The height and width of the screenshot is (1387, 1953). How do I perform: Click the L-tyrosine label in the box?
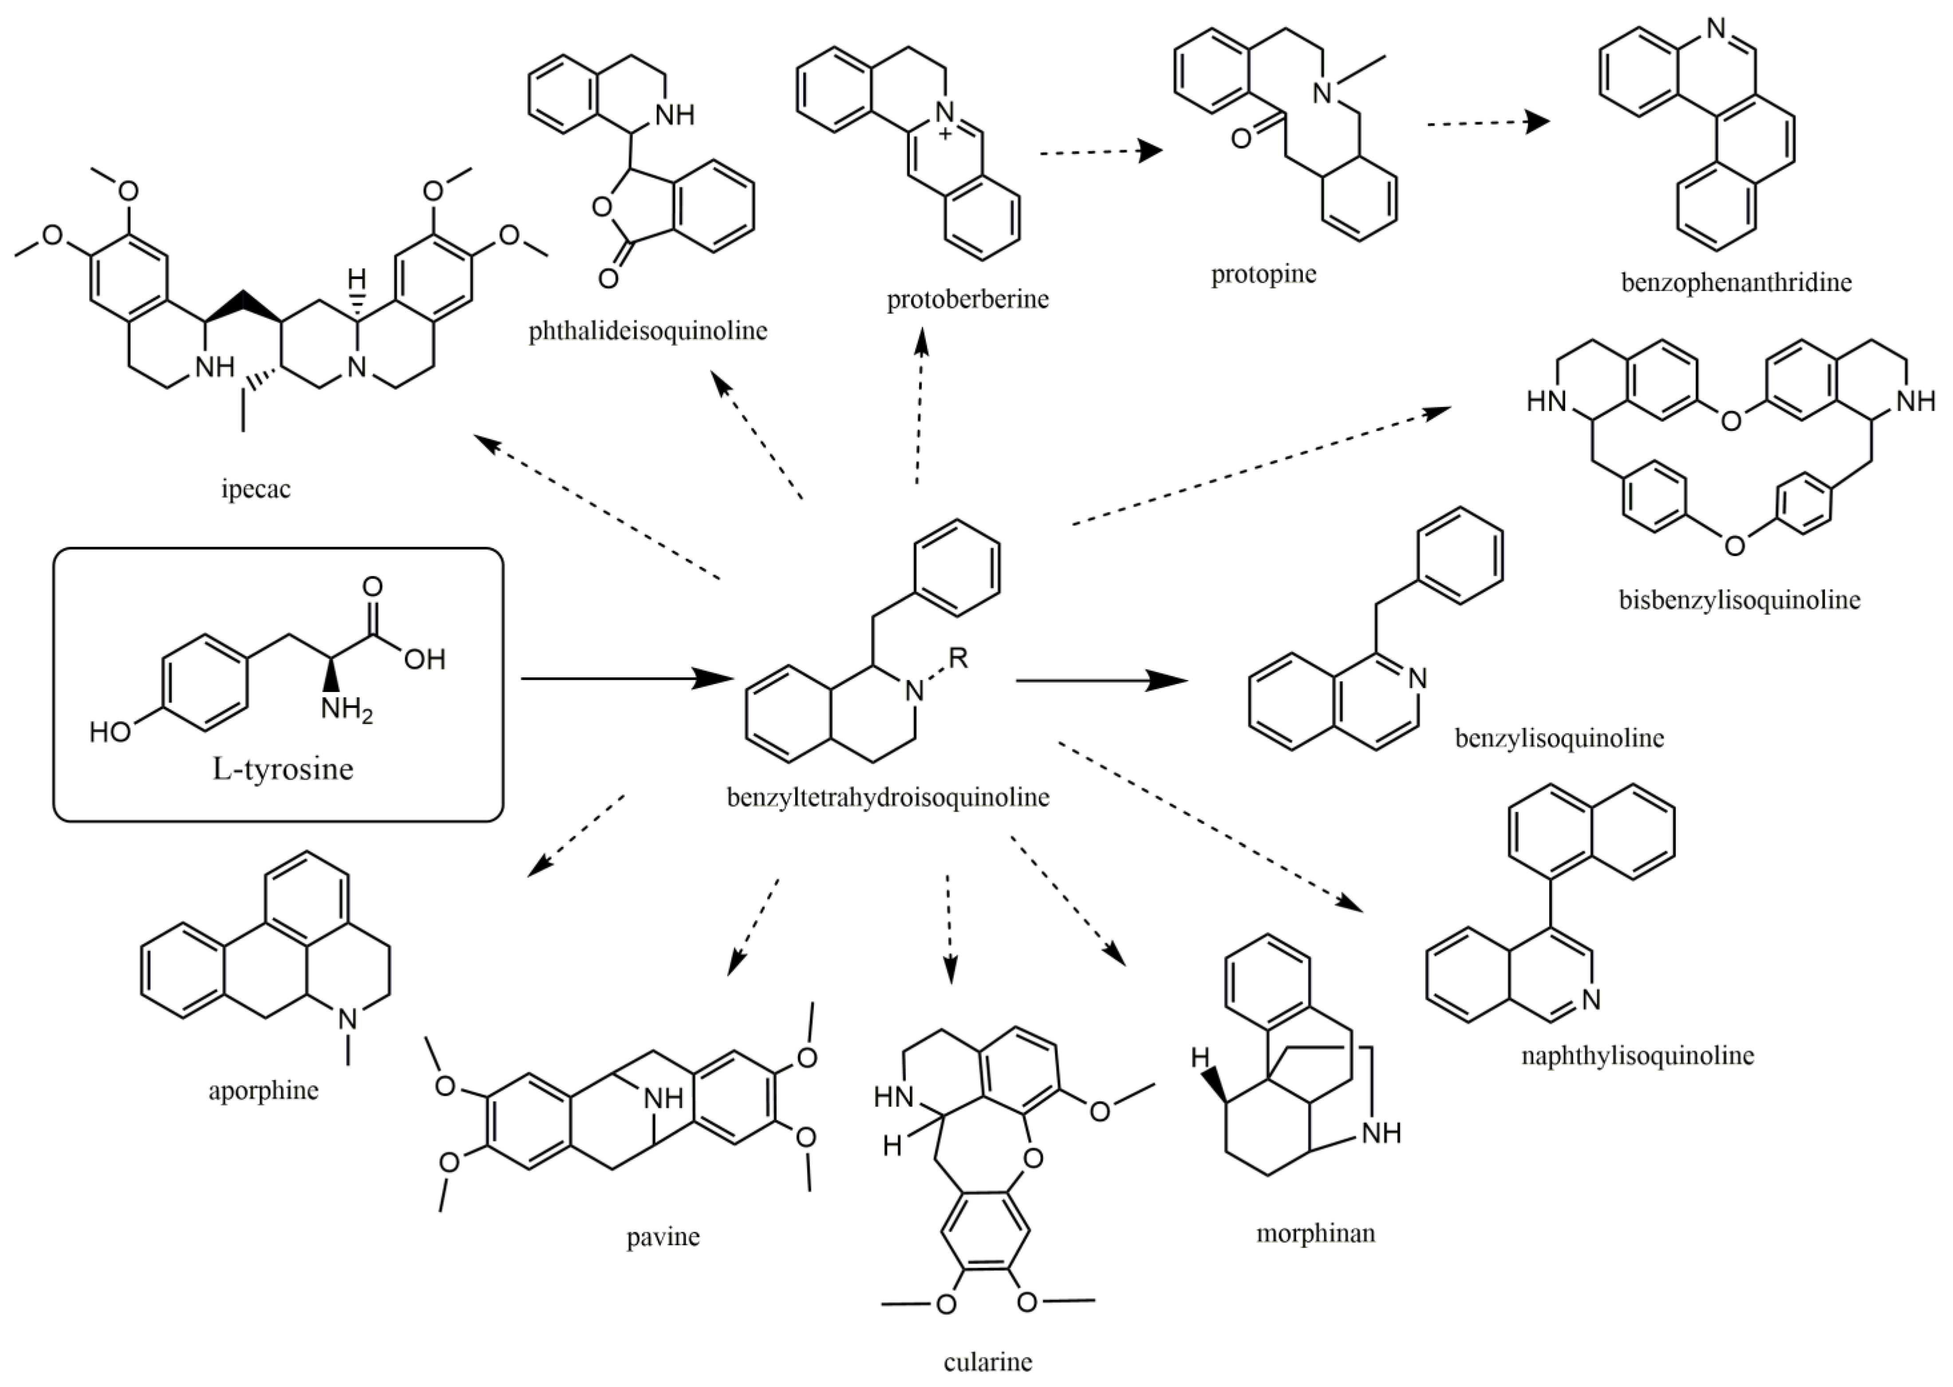tap(283, 769)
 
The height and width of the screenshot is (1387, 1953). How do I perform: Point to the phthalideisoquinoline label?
tap(647, 331)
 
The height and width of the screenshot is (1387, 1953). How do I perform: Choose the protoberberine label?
tap(967, 299)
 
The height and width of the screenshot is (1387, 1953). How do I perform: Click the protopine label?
tap(1264, 274)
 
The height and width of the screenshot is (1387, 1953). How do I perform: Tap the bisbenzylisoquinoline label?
tap(1740, 600)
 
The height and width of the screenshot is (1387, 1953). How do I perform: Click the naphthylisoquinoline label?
tap(1637, 1055)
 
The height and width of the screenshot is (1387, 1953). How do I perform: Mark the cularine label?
tap(988, 1362)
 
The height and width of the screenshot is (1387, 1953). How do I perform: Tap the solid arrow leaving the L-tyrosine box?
tap(627, 679)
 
